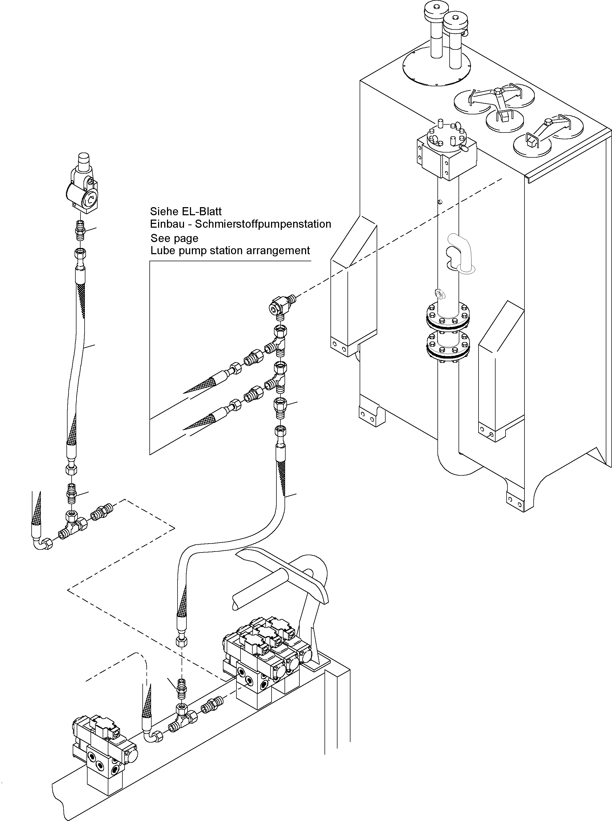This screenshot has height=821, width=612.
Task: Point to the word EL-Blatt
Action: [x=202, y=212]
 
